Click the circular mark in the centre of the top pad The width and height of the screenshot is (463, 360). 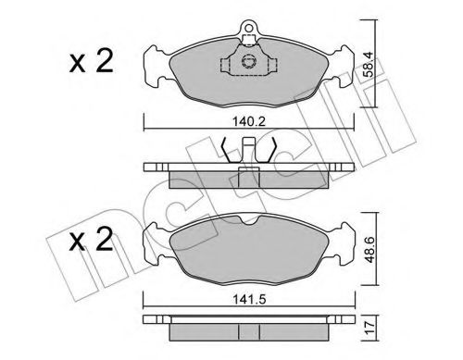tap(247, 63)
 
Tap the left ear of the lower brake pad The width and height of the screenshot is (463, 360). tap(153, 244)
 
